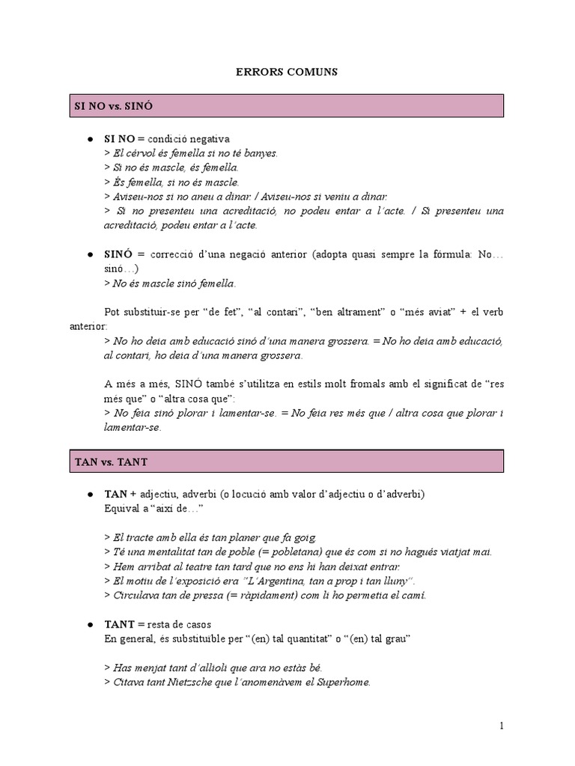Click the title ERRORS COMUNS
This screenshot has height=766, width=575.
pyautogui.click(x=287, y=72)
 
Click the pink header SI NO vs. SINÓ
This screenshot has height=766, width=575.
pyautogui.click(x=287, y=106)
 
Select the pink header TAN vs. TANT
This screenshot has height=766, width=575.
pyautogui.click(x=287, y=462)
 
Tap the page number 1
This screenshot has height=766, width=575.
pyautogui.click(x=502, y=726)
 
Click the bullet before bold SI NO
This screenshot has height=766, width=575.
pyautogui.click(x=90, y=140)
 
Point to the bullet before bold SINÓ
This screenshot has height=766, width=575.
pyautogui.click(x=90, y=256)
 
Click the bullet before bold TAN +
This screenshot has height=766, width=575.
pyautogui.click(x=90, y=495)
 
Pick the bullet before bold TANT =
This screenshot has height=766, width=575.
pyautogui.click(x=90, y=625)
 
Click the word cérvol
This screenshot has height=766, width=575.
pyautogui.click(x=142, y=153)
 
